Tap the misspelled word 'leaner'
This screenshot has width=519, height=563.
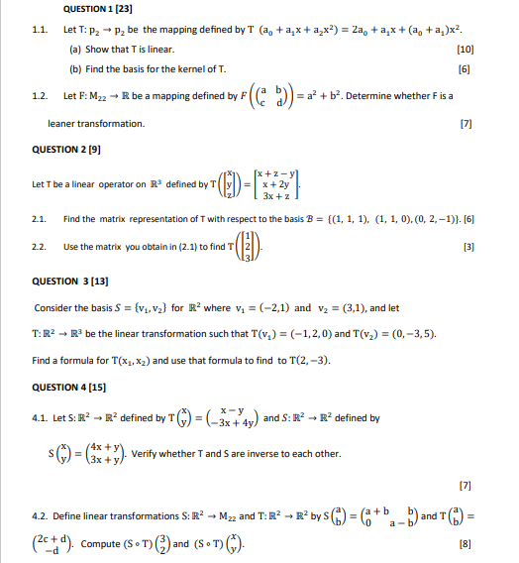click(63, 124)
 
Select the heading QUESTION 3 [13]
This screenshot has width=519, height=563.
click(73, 281)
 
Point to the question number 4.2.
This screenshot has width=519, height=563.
click(40, 516)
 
